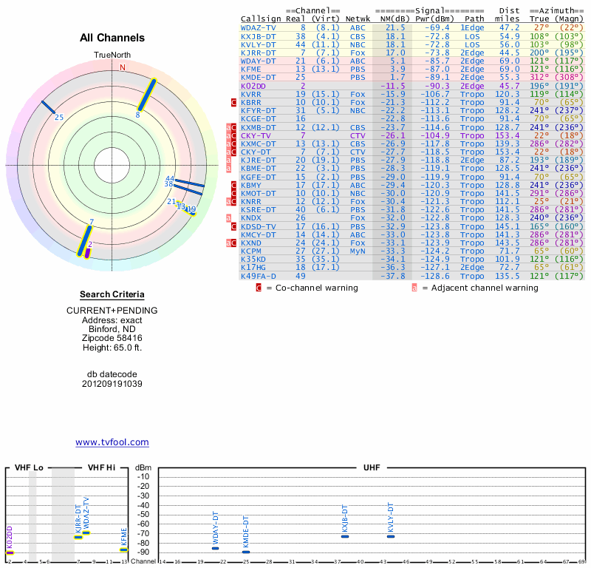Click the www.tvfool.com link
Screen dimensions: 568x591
pos(112,442)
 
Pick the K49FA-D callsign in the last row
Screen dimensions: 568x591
pos(258,276)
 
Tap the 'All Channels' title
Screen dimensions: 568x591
pos(112,38)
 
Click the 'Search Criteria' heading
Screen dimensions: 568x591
pos(112,294)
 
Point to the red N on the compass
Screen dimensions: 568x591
pos(123,67)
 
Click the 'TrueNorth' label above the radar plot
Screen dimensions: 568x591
pos(112,55)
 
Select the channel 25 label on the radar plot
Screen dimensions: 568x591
pos(59,118)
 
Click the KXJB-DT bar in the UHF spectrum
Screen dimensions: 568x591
pos(345,536)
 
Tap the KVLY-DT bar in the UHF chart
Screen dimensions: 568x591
pos(391,536)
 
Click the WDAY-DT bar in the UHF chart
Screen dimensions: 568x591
pos(216,548)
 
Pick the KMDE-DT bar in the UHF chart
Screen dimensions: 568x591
pos(246,552)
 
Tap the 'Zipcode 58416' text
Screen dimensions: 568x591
pos(112,337)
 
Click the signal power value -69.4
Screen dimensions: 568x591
pos(437,27)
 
